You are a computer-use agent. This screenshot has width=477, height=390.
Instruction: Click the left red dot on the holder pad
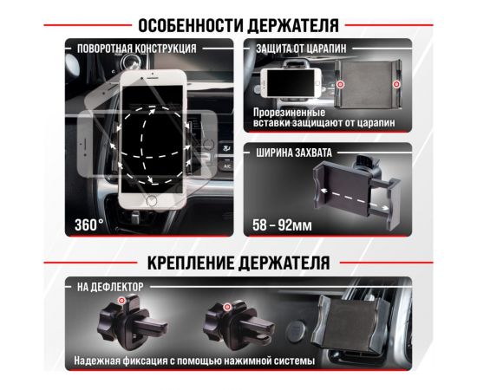point(342,84)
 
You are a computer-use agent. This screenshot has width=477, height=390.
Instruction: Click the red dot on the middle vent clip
point(226,306)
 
